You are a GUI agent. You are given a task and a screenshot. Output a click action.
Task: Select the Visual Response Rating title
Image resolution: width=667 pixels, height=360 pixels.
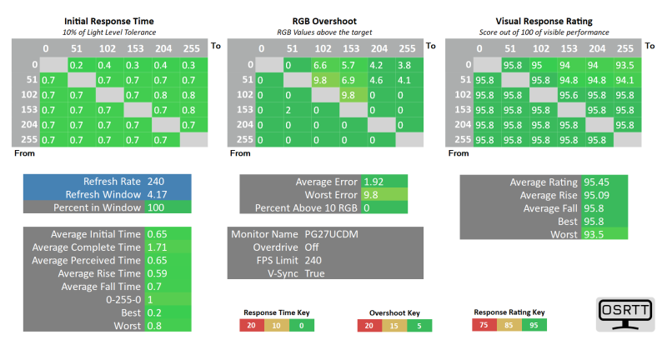point(539,20)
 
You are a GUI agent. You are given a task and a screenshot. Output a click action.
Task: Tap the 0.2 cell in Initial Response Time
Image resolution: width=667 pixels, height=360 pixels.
point(76,65)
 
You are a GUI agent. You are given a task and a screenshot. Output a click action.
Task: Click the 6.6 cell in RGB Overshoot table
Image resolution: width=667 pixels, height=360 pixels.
point(322,65)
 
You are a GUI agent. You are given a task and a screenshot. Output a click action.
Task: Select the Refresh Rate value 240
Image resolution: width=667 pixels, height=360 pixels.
point(156,182)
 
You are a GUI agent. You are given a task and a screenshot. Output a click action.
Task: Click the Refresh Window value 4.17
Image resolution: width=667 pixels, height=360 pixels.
point(156,194)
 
